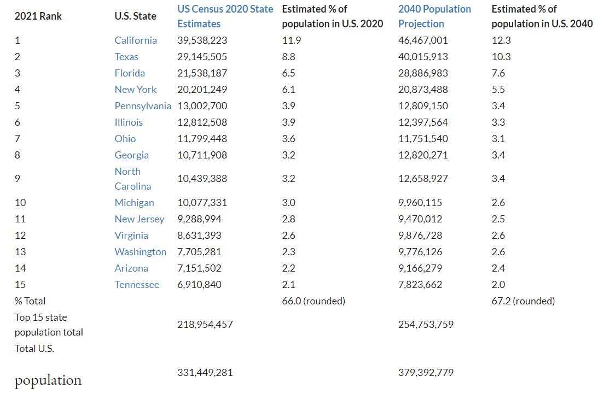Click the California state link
click(x=136, y=40)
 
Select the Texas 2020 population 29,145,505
click(x=202, y=57)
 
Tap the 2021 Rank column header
click(x=38, y=16)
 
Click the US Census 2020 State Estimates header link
click(x=225, y=16)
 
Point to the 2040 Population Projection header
click(x=434, y=16)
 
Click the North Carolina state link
click(x=132, y=179)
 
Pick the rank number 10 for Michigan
click(x=20, y=203)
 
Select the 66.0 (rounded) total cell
click(x=313, y=301)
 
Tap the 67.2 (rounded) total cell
click(x=523, y=301)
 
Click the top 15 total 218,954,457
click(x=205, y=325)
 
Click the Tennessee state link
click(x=137, y=285)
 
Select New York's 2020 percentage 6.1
click(x=288, y=90)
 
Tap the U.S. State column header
click(x=135, y=16)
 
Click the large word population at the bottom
click(x=48, y=380)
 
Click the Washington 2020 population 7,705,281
click(x=199, y=252)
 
